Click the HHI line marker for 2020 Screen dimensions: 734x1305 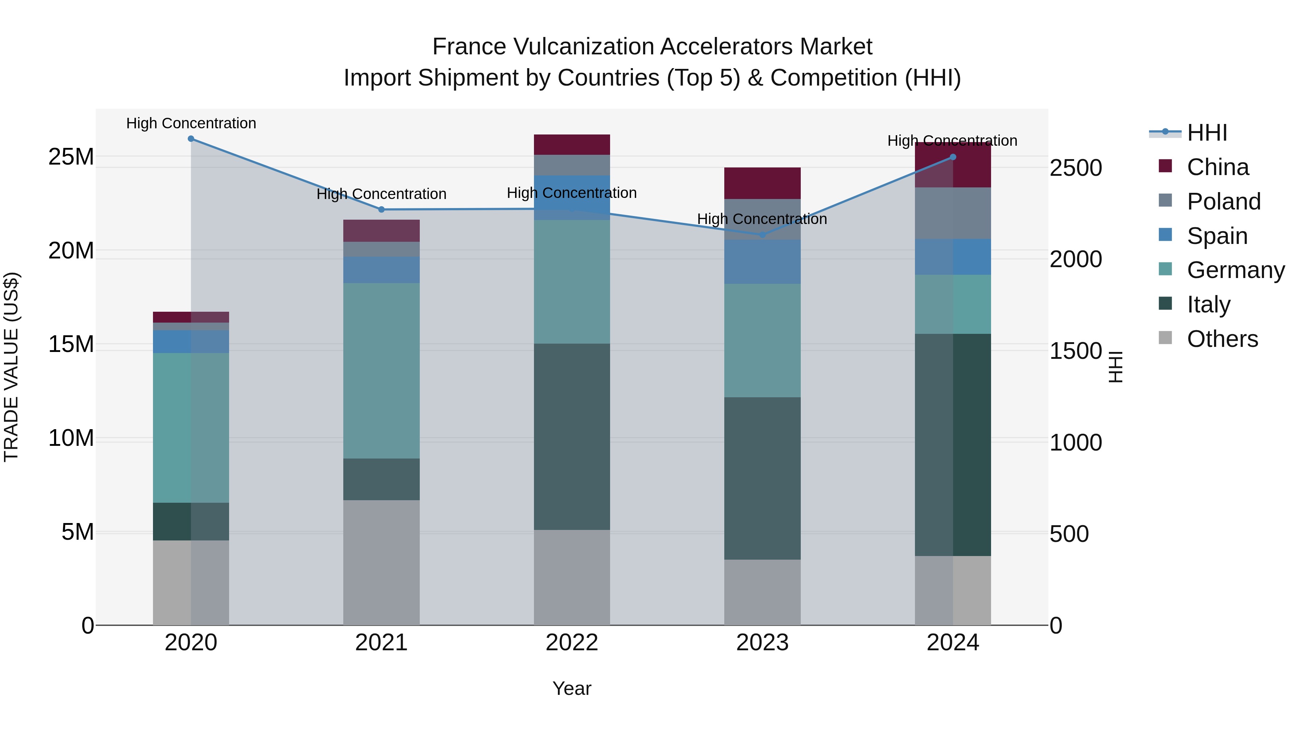191,139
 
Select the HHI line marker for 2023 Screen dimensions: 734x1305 762,235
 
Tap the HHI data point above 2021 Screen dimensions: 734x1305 381,209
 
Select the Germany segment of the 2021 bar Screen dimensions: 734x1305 381,370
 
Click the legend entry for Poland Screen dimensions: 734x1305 1223,202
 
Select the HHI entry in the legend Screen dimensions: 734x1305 1207,133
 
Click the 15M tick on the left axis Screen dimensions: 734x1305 71,344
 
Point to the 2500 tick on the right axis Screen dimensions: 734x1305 1076,168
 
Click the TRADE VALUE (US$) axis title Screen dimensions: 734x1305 11,367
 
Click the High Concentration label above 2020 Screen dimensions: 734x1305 191,123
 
